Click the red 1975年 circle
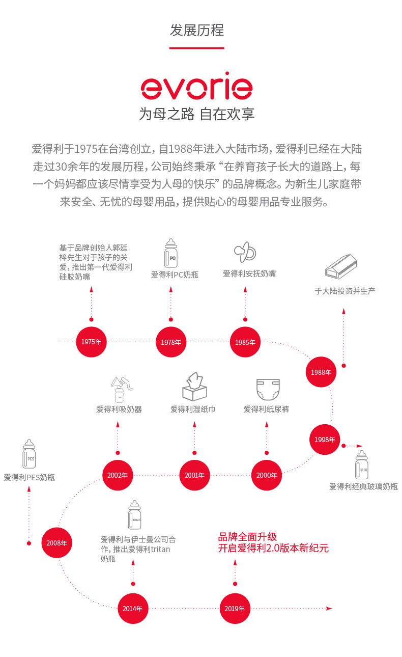(91, 342)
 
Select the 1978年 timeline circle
(171, 342)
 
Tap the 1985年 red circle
(245, 342)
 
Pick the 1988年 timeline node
(321, 372)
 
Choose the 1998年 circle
(325, 440)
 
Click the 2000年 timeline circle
(267, 475)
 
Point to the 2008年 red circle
(56, 543)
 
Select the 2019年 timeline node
(235, 608)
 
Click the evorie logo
(196, 88)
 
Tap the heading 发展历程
(196, 30)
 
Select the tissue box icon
(194, 387)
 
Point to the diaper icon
(268, 389)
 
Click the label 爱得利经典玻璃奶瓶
(363, 487)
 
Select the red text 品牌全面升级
(247, 537)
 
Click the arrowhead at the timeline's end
(329, 608)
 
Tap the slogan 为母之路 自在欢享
(196, 114)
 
